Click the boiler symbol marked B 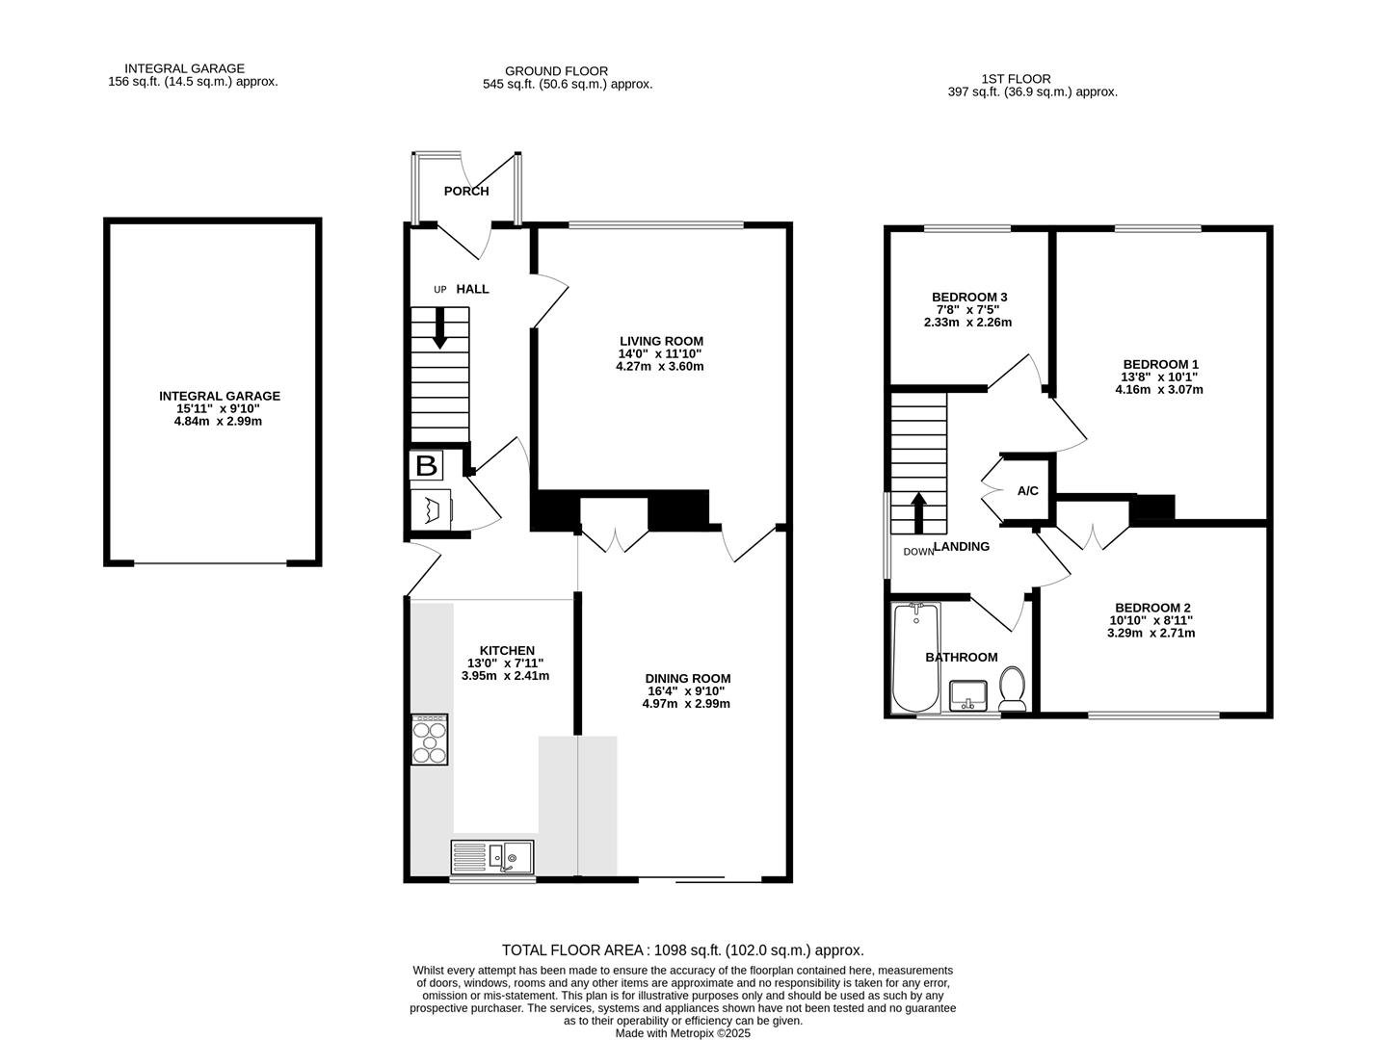(426, 466)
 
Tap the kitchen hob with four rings (430, 740)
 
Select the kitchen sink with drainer (493, 856)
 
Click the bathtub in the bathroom (914, 657)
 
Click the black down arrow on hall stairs (440, 328)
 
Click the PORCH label (466, 192)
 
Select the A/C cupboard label (1028, 491)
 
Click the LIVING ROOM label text (661, 341)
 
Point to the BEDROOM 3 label (969, 297)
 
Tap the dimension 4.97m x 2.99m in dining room (686, 704)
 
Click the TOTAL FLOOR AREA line (682, 950)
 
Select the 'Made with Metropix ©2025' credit (682, 1033)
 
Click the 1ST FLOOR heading (1016, 79)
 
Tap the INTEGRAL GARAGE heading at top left (184, 68)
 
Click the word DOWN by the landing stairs (918, 552)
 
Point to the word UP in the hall (440, 290)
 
